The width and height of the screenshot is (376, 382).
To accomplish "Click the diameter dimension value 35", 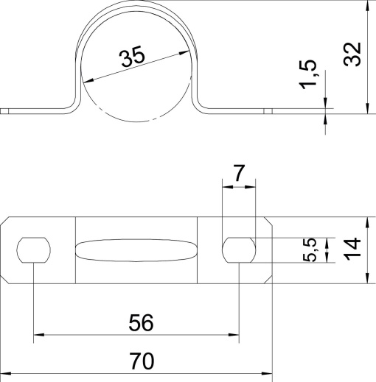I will point(132,58).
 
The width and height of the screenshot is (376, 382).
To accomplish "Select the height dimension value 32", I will point(354,54).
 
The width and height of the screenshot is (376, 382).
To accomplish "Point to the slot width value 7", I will point(238,174).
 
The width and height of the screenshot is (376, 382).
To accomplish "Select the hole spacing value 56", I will point(140,322).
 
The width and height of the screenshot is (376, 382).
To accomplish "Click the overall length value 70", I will point(140,361).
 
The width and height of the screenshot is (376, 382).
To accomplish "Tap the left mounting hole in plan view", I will point(34,250).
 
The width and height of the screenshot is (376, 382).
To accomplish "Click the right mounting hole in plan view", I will point(240,250).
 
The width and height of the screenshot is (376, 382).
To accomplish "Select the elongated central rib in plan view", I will point(136,250).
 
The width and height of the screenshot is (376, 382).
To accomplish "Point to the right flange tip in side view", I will point(268,111).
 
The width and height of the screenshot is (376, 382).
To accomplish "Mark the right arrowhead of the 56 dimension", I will point(234,336).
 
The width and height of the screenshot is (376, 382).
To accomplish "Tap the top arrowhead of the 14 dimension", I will point(366,222).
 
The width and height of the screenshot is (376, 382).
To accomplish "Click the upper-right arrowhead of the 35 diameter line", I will point(180,52).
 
